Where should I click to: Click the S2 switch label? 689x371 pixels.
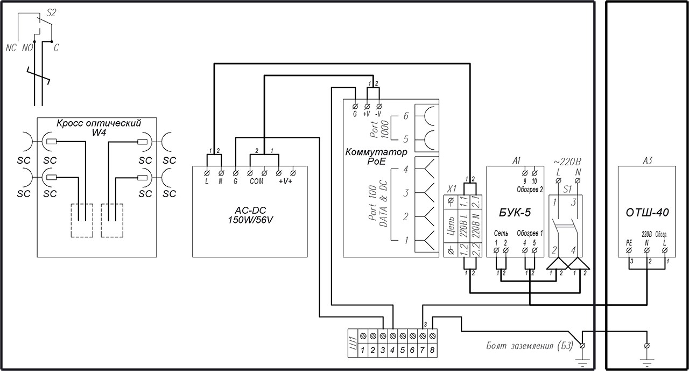(x=52, y=13)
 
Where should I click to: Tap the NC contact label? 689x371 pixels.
(x=11, y=48)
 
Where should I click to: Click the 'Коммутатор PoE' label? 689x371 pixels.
(x=376, y=156)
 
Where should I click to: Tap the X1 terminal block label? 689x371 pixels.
(x=452, y=190)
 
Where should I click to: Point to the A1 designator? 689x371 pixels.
(x=517, y=161)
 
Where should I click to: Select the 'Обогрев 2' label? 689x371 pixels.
(x=530, y=190)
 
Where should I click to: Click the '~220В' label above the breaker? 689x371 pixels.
(x=568, y=161)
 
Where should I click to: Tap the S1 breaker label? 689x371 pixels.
(x=567, y=190)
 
